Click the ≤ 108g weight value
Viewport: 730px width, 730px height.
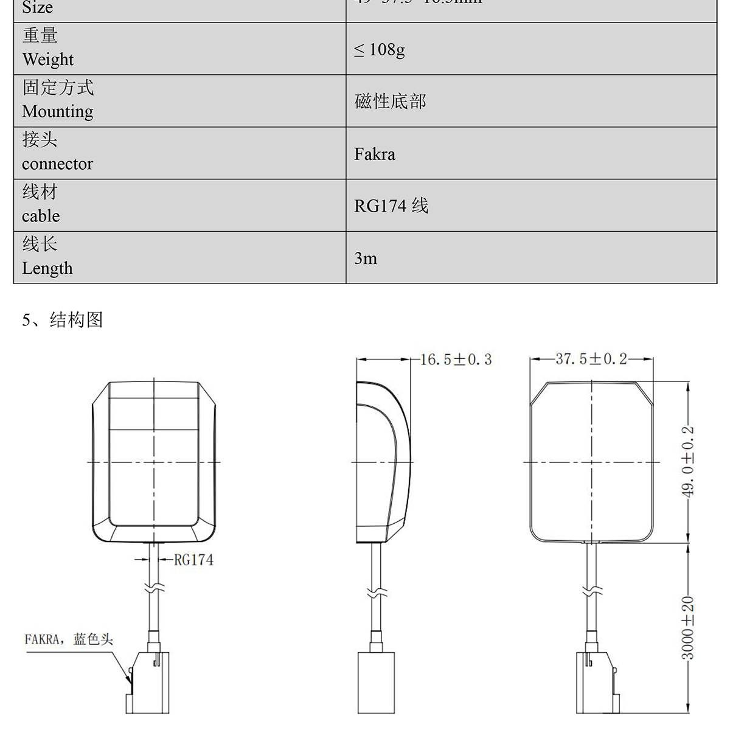point(380,50)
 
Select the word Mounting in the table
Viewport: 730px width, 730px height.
point(58,112)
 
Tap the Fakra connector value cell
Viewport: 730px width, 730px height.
point(375,154)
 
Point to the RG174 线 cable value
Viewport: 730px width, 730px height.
point(391,206)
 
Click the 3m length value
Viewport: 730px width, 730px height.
point(366,259)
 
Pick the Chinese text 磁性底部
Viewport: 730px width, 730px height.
point(391,102)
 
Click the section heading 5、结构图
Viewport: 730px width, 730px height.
point(63,320)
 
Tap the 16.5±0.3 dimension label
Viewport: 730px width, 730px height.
point(456,360)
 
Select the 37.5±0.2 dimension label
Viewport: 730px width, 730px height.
point(591,359)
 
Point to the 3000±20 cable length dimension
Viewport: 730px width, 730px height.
point(687,628)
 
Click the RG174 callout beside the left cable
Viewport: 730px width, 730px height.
point(193,560)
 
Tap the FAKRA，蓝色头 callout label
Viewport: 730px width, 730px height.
point(69,639)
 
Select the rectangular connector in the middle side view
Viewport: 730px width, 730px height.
point(376,683)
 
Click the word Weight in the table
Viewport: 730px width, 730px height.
point(47,60)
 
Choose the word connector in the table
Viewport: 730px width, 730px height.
point(57,164)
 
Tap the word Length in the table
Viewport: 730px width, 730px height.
point(47,268)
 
